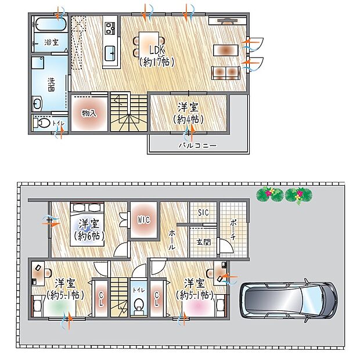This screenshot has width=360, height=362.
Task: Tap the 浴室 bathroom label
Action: [51, 42]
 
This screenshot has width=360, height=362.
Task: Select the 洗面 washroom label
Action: [51, 85]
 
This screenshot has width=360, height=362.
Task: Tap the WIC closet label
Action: [143, 220]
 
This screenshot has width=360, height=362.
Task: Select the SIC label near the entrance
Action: [202, 212]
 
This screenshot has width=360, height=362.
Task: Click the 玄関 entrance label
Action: [203, 242]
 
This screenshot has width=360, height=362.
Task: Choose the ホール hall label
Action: [173, 238]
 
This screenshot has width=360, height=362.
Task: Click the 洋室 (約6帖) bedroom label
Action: [88, 230]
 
